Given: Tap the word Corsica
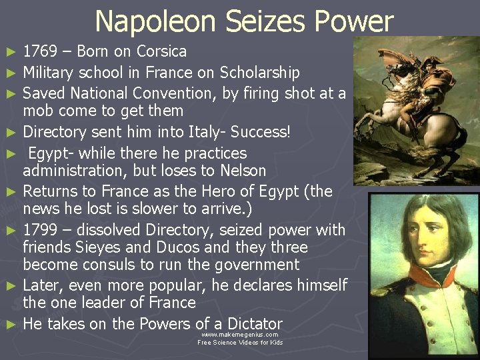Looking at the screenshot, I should point(161,52).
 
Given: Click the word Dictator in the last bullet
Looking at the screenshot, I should point(247,324).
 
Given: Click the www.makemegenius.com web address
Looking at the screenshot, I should point(240,335).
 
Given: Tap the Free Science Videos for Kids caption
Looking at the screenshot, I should point(240,343).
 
